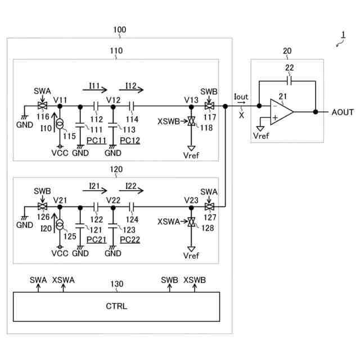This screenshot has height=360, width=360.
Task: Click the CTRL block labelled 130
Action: tap(116, 307)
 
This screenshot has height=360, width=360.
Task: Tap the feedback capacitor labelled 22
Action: tap(289, 80)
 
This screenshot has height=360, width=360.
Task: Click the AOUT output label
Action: tap(343, 112)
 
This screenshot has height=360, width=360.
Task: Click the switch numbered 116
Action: tap(41, 106)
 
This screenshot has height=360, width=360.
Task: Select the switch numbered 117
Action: tap(209, 106)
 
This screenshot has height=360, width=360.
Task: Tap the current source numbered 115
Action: tap(60, 123)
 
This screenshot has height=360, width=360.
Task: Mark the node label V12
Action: tap(114, 100)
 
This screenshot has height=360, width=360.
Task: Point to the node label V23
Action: tap(191, 200)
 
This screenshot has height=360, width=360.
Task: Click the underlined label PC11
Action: tap(97, 139)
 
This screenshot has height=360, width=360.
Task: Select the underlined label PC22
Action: tap(130, 240)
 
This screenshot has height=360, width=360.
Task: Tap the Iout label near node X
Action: tap(241, 97)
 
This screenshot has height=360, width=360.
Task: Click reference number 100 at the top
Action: tap(120, 29)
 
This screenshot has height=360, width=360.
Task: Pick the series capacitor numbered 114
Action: tap(133, 106)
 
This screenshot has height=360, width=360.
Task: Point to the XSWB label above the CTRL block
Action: tap(195, 280)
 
